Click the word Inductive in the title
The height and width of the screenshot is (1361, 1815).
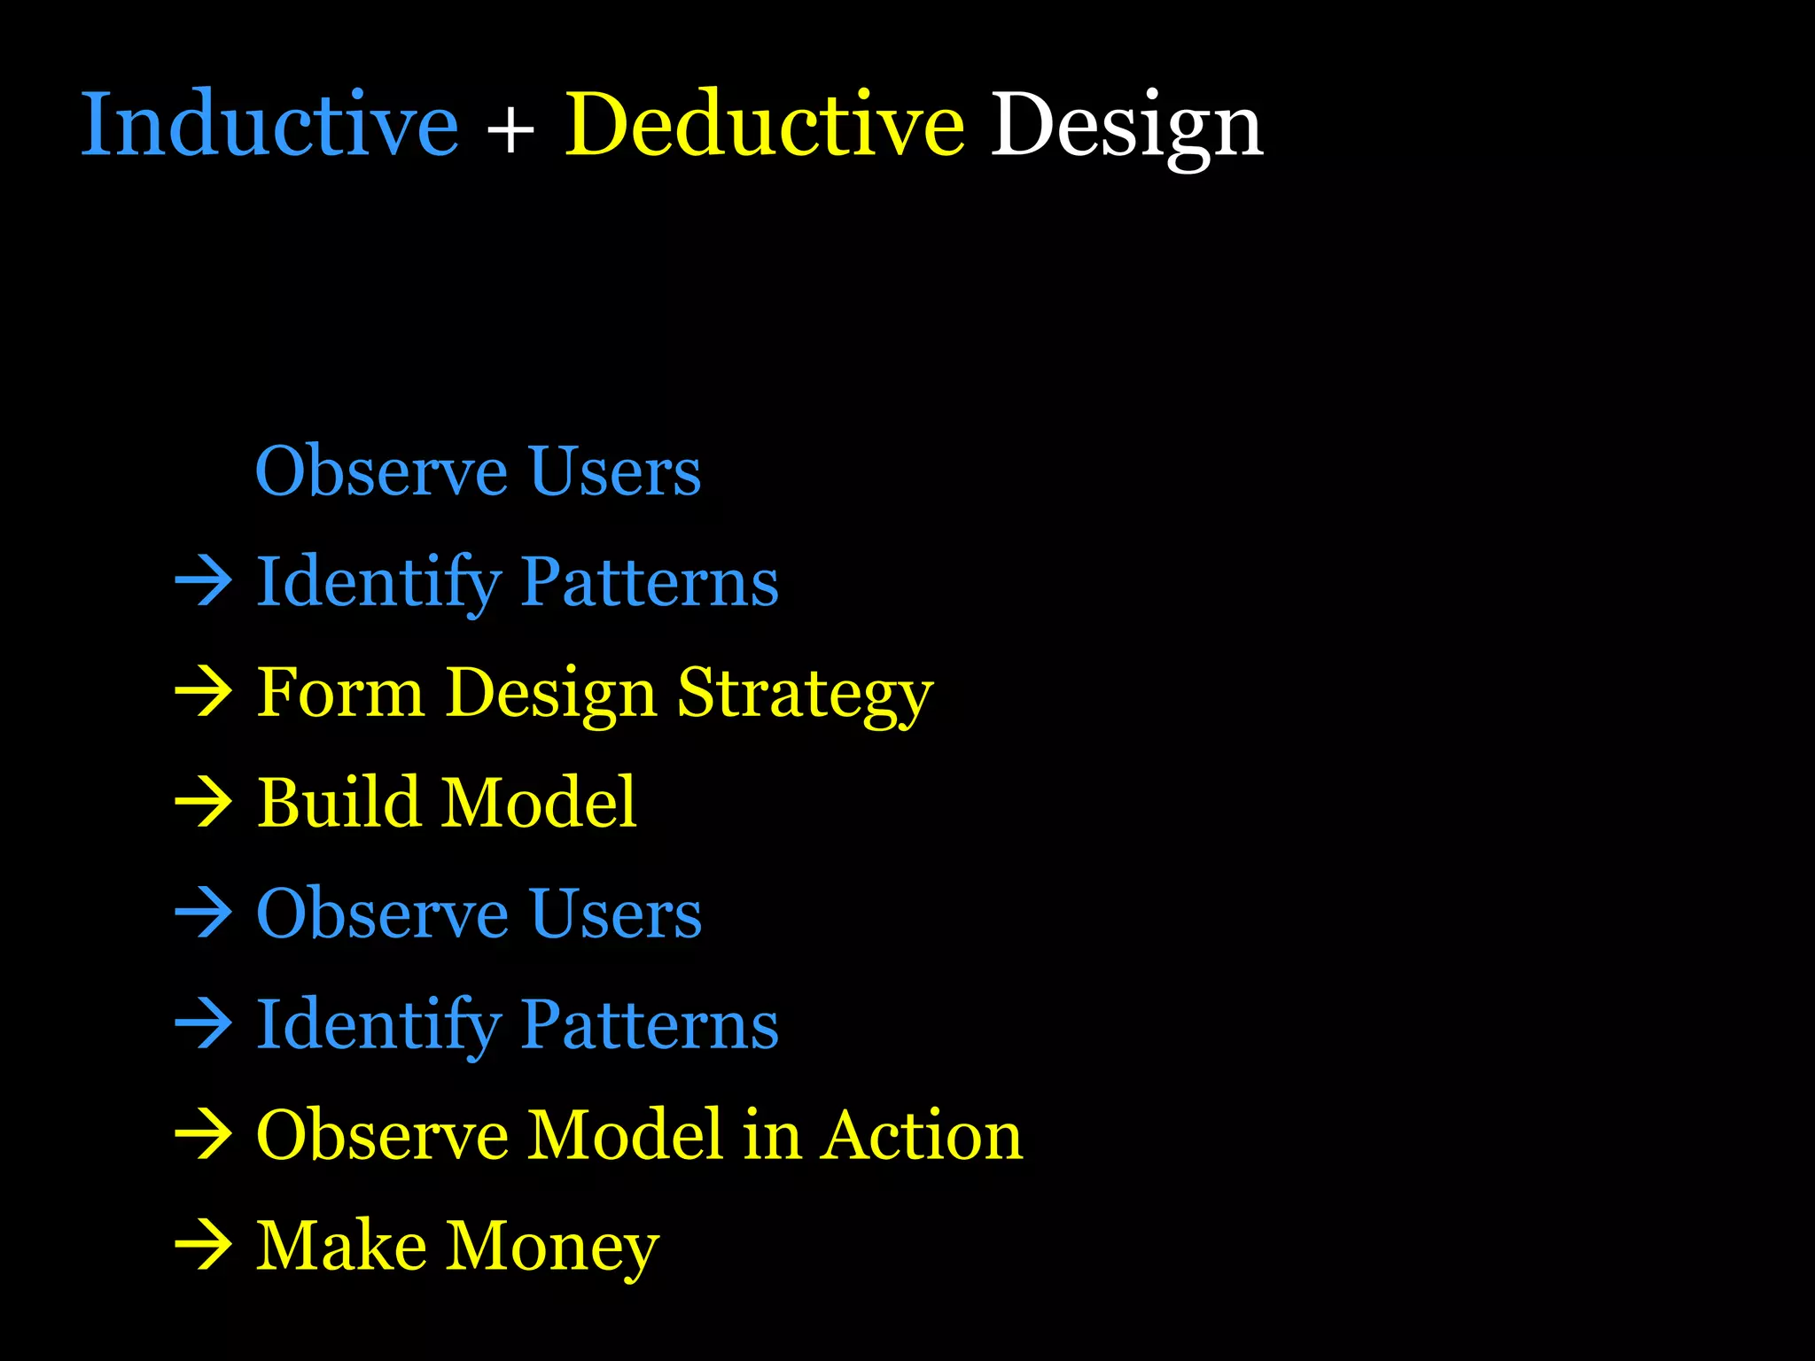click(x=269, y=126)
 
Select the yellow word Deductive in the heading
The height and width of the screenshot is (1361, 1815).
click(x=764, y=126)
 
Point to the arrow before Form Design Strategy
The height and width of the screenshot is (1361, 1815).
click(x=203, y=692)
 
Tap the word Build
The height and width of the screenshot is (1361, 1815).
click(x=338, y=802)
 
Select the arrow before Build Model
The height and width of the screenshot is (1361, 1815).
click(x=203, y=803)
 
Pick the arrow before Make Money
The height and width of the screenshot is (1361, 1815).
click(x=203, y=1245)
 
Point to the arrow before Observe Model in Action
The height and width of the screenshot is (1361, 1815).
click(x=203, y=1134)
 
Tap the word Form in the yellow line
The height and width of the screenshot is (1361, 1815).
click(x=340, y=693)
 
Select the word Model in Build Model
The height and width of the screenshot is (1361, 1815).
click(x=540, y=802)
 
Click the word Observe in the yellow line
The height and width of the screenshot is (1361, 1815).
click(x=382, y=1135)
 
